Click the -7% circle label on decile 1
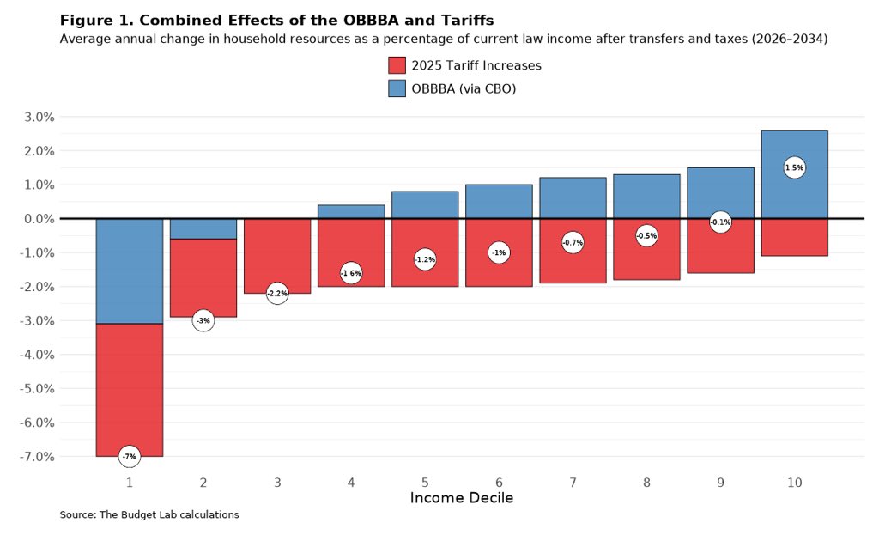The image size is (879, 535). [129, 456]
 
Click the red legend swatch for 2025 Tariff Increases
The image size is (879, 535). [397, 65]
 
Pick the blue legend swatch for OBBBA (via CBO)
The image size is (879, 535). [397, 88]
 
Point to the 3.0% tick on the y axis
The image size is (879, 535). [37, 117]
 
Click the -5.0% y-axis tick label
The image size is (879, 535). [35, 388]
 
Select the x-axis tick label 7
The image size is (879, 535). [573, 483]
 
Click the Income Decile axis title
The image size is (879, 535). [461, 498]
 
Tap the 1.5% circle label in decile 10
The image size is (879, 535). [794, 168]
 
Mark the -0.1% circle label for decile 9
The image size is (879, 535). [720, 222]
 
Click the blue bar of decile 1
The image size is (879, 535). [129, 271]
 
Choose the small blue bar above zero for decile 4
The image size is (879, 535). [351, 211]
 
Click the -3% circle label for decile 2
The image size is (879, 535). [203, 320]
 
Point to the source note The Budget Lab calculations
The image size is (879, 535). [149, 514]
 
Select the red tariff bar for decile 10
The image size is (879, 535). [794, 238]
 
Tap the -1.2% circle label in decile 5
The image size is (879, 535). [425, 259]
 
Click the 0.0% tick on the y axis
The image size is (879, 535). [37, 219]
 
